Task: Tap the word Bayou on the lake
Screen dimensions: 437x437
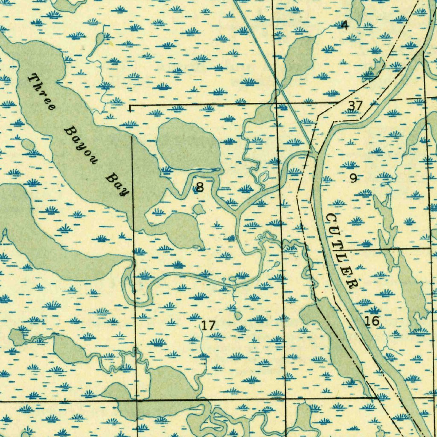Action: click(x=81, y=145)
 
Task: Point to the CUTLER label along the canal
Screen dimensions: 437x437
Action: click(x=341, y=251)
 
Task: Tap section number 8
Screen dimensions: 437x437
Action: click(x=199, y=186)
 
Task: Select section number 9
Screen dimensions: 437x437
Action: click(x=353, y=178)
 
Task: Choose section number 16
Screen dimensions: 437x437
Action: click(x=372, y=321)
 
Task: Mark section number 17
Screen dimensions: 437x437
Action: click(x=208, y=326)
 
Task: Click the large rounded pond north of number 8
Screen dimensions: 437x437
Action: click(x=188, y=145)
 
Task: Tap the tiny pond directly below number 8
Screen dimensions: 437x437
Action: click(x=198, y=209)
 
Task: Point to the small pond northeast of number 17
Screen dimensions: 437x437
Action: click(x=238, y=315)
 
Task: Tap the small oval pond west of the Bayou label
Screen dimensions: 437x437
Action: click(x=28, y=145)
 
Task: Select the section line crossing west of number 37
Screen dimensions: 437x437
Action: click(x=277, y=103)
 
